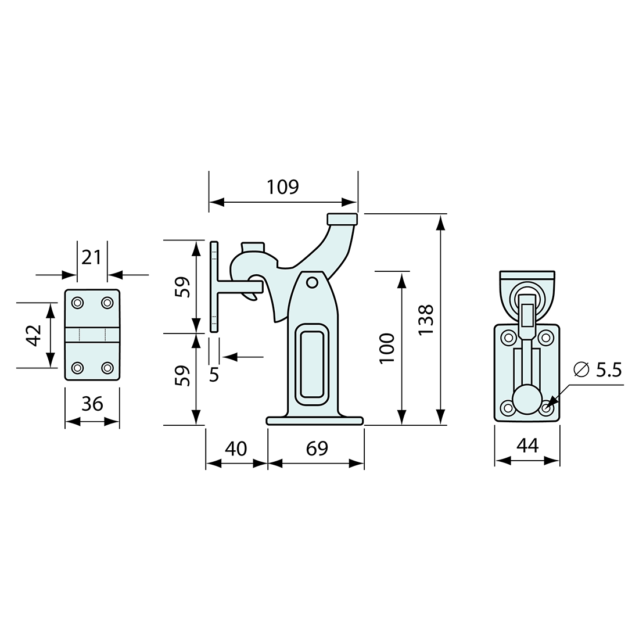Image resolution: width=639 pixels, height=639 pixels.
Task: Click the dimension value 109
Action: click(282, 187)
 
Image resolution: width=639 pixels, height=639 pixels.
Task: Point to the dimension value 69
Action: click(316, 448)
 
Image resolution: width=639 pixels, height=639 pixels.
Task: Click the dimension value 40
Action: click(235, 448)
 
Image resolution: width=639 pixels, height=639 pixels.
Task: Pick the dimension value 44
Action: click(527, 446)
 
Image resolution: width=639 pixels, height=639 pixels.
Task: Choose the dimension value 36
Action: click(92, 403)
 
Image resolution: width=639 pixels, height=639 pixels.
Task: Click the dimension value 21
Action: click(92, 256)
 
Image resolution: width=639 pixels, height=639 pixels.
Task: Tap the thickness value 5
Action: click(214, 375)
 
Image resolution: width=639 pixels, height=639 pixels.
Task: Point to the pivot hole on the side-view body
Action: click(313, 282)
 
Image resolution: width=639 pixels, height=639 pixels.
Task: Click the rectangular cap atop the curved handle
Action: click(342, 220)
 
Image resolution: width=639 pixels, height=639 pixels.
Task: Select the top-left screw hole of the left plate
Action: click(77, 303)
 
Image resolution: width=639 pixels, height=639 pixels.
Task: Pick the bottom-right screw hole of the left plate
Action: click(107, 368)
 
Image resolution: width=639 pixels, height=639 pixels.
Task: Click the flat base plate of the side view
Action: click(315, 421)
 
